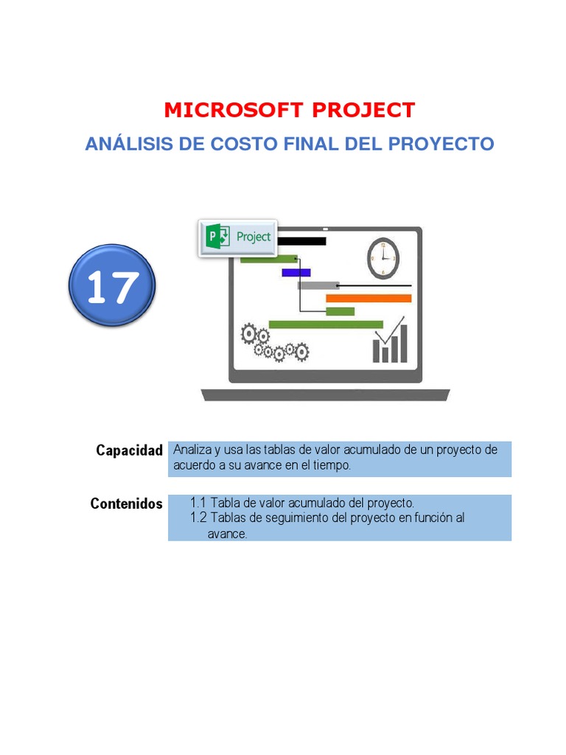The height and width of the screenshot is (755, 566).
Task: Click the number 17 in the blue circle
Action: coord(112,288)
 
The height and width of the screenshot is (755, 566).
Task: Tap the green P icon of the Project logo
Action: coord(217,237)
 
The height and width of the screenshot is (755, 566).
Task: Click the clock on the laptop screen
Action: coord(382,258)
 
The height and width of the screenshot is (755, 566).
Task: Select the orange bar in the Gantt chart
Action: coord(368,299)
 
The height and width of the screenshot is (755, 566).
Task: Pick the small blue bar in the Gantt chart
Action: coord(296,272)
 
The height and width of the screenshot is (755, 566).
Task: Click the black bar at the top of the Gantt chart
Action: coord(302,241)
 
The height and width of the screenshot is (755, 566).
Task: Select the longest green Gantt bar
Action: coord(326,324)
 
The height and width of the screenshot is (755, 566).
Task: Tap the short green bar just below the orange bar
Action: coord(340,311)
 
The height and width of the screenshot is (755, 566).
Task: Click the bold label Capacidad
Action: coord(129,450)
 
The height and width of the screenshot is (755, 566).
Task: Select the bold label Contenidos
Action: coord(126,504)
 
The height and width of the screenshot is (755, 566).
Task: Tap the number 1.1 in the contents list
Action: coord(198,504)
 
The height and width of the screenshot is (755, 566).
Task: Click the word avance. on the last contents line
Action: coord(226,534)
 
